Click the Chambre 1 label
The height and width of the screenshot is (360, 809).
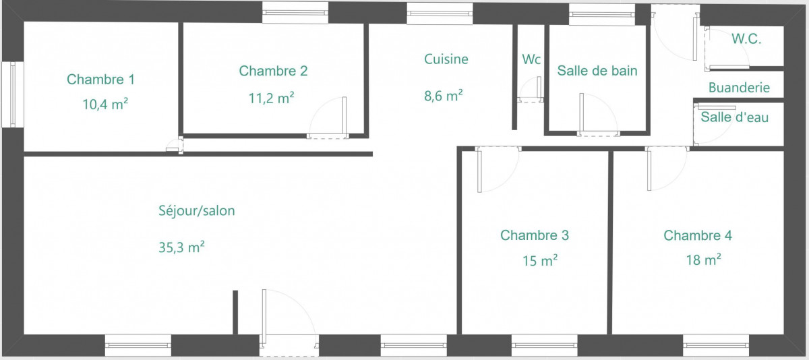(x=100, y=80)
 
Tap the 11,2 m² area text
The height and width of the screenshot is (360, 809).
(x=271, y=98)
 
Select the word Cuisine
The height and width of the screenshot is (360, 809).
(x=446, y=59)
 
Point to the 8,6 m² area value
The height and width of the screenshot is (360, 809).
(x=444, y=96)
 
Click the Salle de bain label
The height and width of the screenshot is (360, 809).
(x=597, y=71)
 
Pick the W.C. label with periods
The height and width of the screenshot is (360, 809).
(x=746, y=39)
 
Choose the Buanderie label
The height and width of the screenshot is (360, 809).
(x=739, y=88)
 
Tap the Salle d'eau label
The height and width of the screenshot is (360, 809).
(x=735, y=117)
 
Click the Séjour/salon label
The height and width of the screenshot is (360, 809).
(x=197, y=210)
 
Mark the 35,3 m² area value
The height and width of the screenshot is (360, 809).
(x=181, y=247)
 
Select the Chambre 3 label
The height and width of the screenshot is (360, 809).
(x=535, y=235)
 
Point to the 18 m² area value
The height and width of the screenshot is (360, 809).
(x=704, y=260)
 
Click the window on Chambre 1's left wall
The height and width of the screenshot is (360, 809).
(x=13, y=94)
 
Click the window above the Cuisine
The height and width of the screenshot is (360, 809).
(x=440, y=13)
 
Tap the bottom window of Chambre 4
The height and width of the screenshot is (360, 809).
(x=716, y=345)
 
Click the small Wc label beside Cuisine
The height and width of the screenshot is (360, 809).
(x=531, y=59)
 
